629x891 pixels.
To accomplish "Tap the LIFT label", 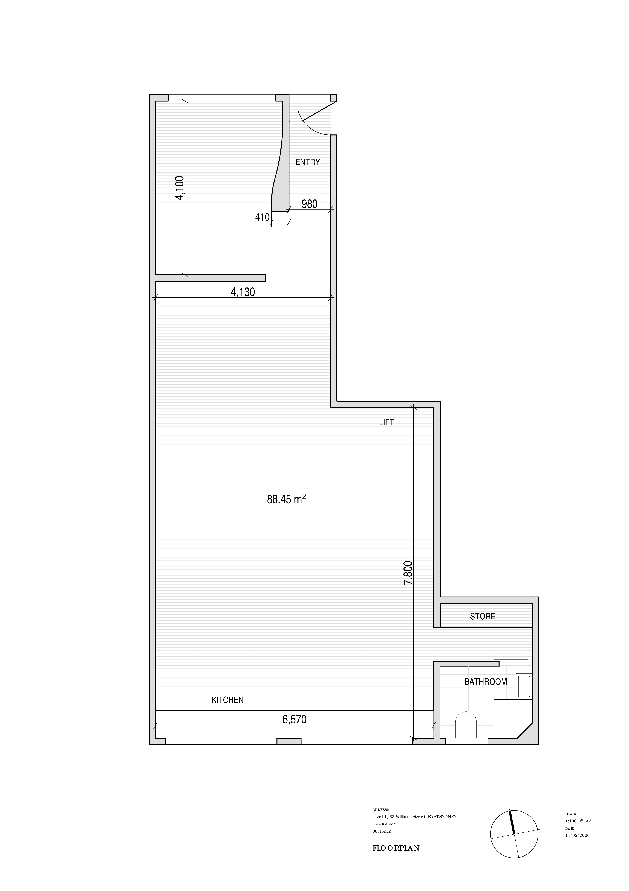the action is tap(386, 422).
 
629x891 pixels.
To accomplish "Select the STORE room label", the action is tap(483, 616).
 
